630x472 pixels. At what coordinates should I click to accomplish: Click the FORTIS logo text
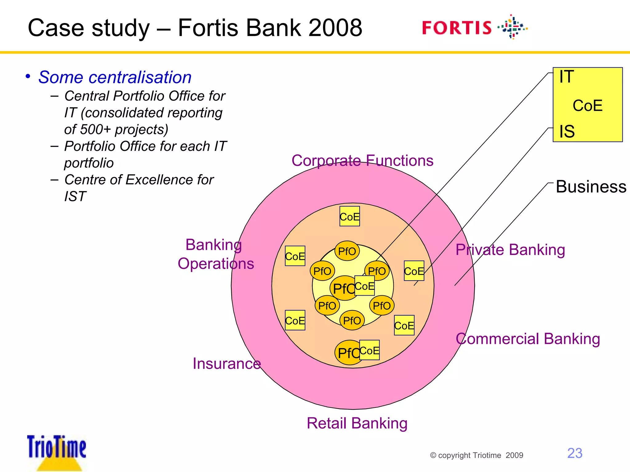click(x=457, y=28)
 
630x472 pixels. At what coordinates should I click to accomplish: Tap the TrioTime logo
click(x=57, y=449)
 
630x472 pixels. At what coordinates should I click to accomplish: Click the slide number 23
click(x=575, y=453)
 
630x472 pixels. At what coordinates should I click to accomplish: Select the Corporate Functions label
click(x=362, y=160)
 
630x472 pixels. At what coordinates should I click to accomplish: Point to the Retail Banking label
click(x=357, y=423)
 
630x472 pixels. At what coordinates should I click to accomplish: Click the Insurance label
click(x=227, y=364)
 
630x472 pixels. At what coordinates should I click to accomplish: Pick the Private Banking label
click(x=510, y=250)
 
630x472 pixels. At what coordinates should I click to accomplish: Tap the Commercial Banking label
click(x=528, y=339)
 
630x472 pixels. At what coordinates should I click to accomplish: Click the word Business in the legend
click(x=591, y=187)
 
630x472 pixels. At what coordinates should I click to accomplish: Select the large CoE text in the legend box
click(x=587, y=105)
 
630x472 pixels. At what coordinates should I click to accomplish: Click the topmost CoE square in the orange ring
click(x=349, y=217)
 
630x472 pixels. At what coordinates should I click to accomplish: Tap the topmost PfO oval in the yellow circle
click(x=347, y=251)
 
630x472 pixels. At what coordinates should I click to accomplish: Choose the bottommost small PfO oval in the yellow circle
click(x=352, y=321)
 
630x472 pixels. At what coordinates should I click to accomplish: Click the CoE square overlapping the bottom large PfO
click(x=369, y=350)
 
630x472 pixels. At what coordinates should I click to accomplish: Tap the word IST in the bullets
click(x=75, y=196)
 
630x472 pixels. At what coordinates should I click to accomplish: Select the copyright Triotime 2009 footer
click(x=476, y=455)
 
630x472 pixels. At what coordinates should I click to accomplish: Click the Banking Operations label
click(x=216, y=254)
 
